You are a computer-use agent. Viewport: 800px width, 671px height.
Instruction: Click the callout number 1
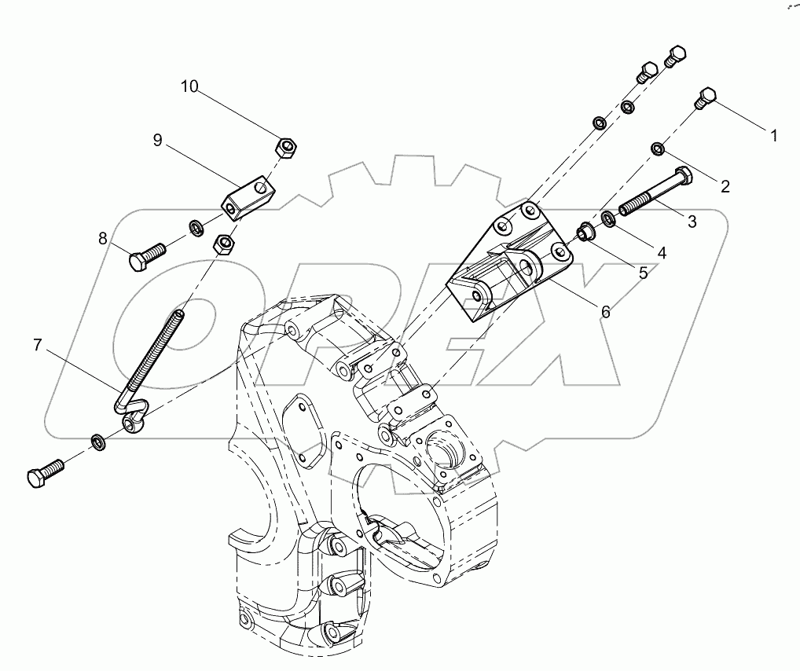point(773,136)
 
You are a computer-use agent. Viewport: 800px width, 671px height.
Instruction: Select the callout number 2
point(725,186)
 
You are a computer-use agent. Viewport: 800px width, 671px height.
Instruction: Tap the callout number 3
point(692,222)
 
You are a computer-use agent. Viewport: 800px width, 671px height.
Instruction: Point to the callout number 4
point(662,253)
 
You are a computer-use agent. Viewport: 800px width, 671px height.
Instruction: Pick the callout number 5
point(642,273)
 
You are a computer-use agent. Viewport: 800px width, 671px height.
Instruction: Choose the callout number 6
point(605,311)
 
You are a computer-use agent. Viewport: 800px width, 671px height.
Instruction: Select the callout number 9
point(157,140)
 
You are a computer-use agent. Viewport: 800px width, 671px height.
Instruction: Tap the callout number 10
point(189,86)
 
